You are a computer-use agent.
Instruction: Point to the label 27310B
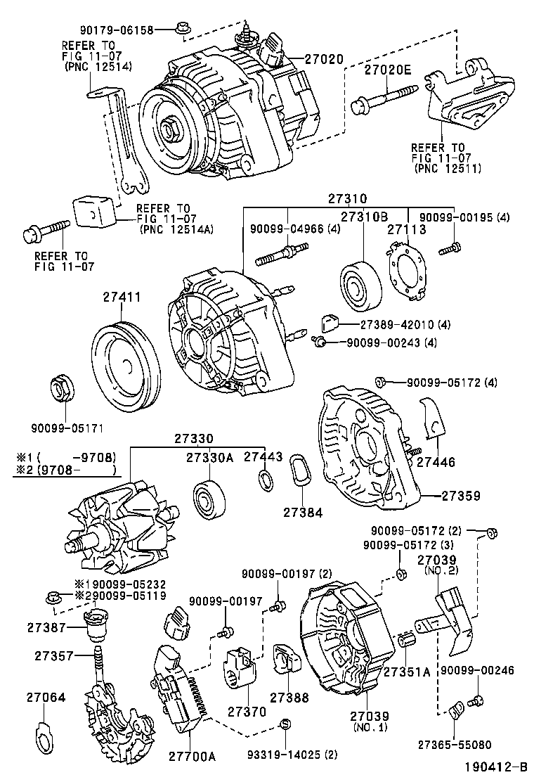366,218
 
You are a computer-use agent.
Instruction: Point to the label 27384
303,512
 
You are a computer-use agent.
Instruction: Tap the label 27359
461,496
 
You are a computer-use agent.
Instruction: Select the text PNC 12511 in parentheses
446,169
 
